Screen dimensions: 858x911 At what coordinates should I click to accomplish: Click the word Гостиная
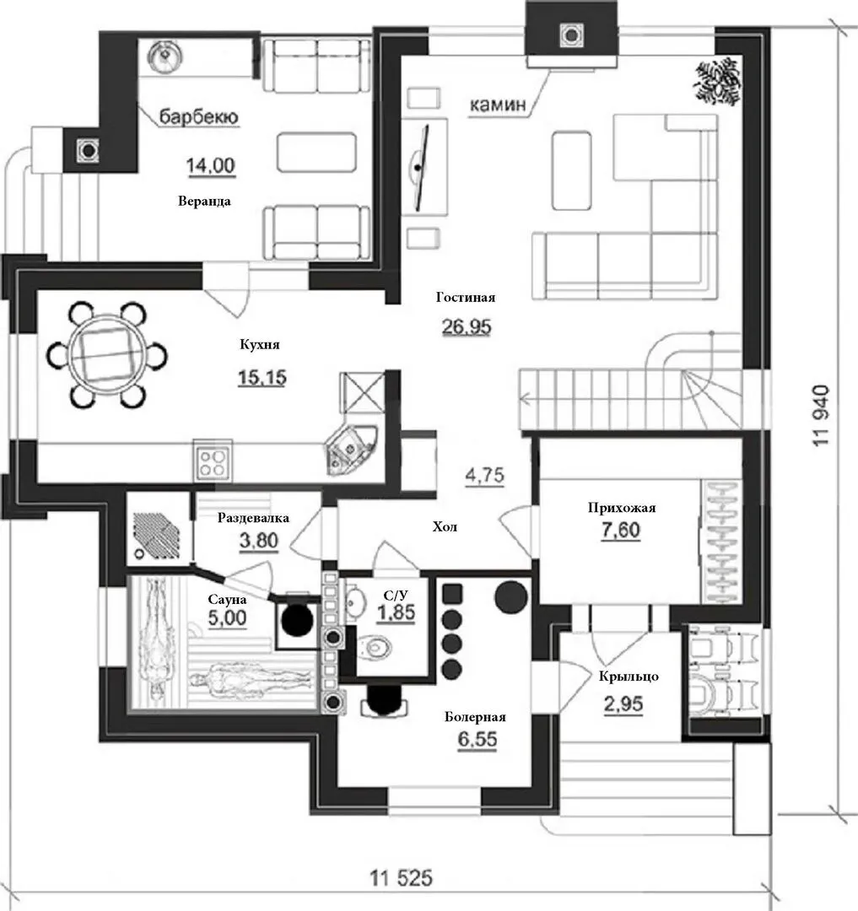click(466, 298)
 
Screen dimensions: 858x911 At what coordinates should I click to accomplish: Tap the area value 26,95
click(467, 327)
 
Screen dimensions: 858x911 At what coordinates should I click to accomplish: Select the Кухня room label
click(260, 344)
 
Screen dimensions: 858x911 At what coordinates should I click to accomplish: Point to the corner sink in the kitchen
click(350, 448)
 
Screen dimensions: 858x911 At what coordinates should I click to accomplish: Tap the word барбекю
click(198, 116)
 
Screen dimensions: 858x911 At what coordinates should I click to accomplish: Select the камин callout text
click(497, 105)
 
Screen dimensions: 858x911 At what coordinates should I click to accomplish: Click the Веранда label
click(204, 202)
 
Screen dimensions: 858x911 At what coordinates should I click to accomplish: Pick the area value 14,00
click(210, 165)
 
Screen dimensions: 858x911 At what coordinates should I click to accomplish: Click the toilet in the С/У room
click(375, 647)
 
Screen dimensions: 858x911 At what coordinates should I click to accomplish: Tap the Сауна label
click(227, 599)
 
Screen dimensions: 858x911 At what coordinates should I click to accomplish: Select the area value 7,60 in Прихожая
click(621, 530)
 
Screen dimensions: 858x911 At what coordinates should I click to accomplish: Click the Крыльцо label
click(629, 677)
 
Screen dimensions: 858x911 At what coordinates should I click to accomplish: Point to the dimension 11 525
click(402, 877)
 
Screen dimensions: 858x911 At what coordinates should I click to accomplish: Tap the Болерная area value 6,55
click(477, 740)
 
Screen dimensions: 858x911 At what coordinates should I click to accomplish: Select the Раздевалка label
click(253, 518)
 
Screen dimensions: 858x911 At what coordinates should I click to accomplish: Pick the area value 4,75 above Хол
click(484, 475)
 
